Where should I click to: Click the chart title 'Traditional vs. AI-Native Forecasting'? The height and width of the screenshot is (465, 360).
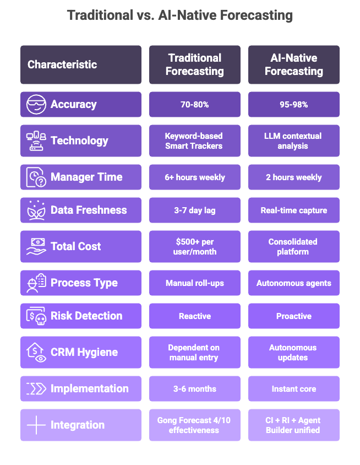[180, 15]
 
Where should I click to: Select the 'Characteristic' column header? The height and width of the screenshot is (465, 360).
[62, 64]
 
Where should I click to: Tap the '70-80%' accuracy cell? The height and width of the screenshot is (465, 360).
[194, 105]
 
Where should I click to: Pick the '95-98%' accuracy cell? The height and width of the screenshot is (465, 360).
[293, 105]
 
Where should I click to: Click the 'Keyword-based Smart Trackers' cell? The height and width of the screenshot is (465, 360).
[194, 141]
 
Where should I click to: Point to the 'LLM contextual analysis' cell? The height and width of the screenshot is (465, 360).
[293, 141]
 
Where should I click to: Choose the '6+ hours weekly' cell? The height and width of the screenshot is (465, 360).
[194, 177]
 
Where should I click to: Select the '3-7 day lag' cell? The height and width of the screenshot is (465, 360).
[194, 210]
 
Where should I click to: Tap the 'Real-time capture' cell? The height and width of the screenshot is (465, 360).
[293, 210]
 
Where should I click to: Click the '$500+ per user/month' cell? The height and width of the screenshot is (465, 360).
[194, 247]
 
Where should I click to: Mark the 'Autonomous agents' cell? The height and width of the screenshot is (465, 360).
[293, 283]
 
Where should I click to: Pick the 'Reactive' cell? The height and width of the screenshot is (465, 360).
[194, 316]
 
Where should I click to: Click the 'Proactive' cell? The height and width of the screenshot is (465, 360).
[293, 316]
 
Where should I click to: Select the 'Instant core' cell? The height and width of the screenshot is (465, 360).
[293, 389]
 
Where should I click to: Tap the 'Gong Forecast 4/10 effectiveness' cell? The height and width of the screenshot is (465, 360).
[194, 425]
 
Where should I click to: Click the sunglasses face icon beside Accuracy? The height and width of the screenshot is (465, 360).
[36, 105]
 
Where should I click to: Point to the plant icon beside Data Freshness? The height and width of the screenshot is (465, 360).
[36, 210]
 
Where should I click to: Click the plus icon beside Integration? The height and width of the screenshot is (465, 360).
[36, 425]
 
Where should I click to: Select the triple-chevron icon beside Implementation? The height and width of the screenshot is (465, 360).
[36, 389]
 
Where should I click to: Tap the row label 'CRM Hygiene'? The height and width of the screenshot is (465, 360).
[84, 353]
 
